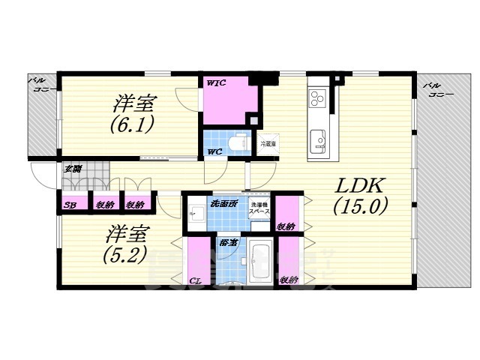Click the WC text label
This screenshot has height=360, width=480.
[214, 151]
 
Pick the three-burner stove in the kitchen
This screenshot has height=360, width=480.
[317, 97]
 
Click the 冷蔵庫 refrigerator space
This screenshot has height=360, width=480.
[268, 142]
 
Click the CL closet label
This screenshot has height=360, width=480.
[195, 280]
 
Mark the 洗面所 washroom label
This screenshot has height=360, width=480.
[223, 202]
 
